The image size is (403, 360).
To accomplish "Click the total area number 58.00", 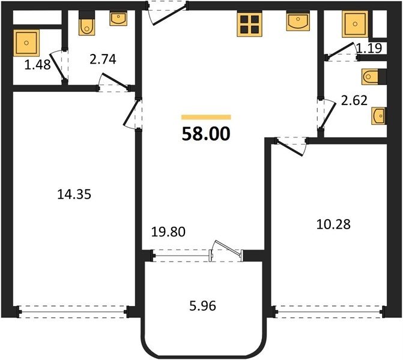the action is point(205,134).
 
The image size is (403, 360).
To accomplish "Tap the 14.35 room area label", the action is point(74,194).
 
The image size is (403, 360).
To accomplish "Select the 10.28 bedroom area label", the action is point(333,224).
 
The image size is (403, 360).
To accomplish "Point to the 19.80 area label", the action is point(168,232).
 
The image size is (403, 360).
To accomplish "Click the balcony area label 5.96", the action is point(202,306).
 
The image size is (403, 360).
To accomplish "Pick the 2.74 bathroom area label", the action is point(103,59).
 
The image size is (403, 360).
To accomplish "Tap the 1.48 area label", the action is point(37,65).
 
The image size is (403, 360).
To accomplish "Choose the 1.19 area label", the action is point(369,48).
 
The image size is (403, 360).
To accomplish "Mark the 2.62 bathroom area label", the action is point(354,100).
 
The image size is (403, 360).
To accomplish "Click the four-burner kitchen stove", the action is point(249,24).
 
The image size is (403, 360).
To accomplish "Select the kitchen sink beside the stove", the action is point(298,21).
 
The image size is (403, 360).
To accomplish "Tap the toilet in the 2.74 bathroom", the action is point(86,23).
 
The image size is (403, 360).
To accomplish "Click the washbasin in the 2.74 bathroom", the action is point(118,18).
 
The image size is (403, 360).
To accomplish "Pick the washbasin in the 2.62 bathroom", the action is point(379,116).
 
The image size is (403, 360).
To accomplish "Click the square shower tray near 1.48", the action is point(26,43).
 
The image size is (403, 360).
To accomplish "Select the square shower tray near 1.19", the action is point(355,24).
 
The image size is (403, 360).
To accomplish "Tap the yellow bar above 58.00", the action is point(206,118).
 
